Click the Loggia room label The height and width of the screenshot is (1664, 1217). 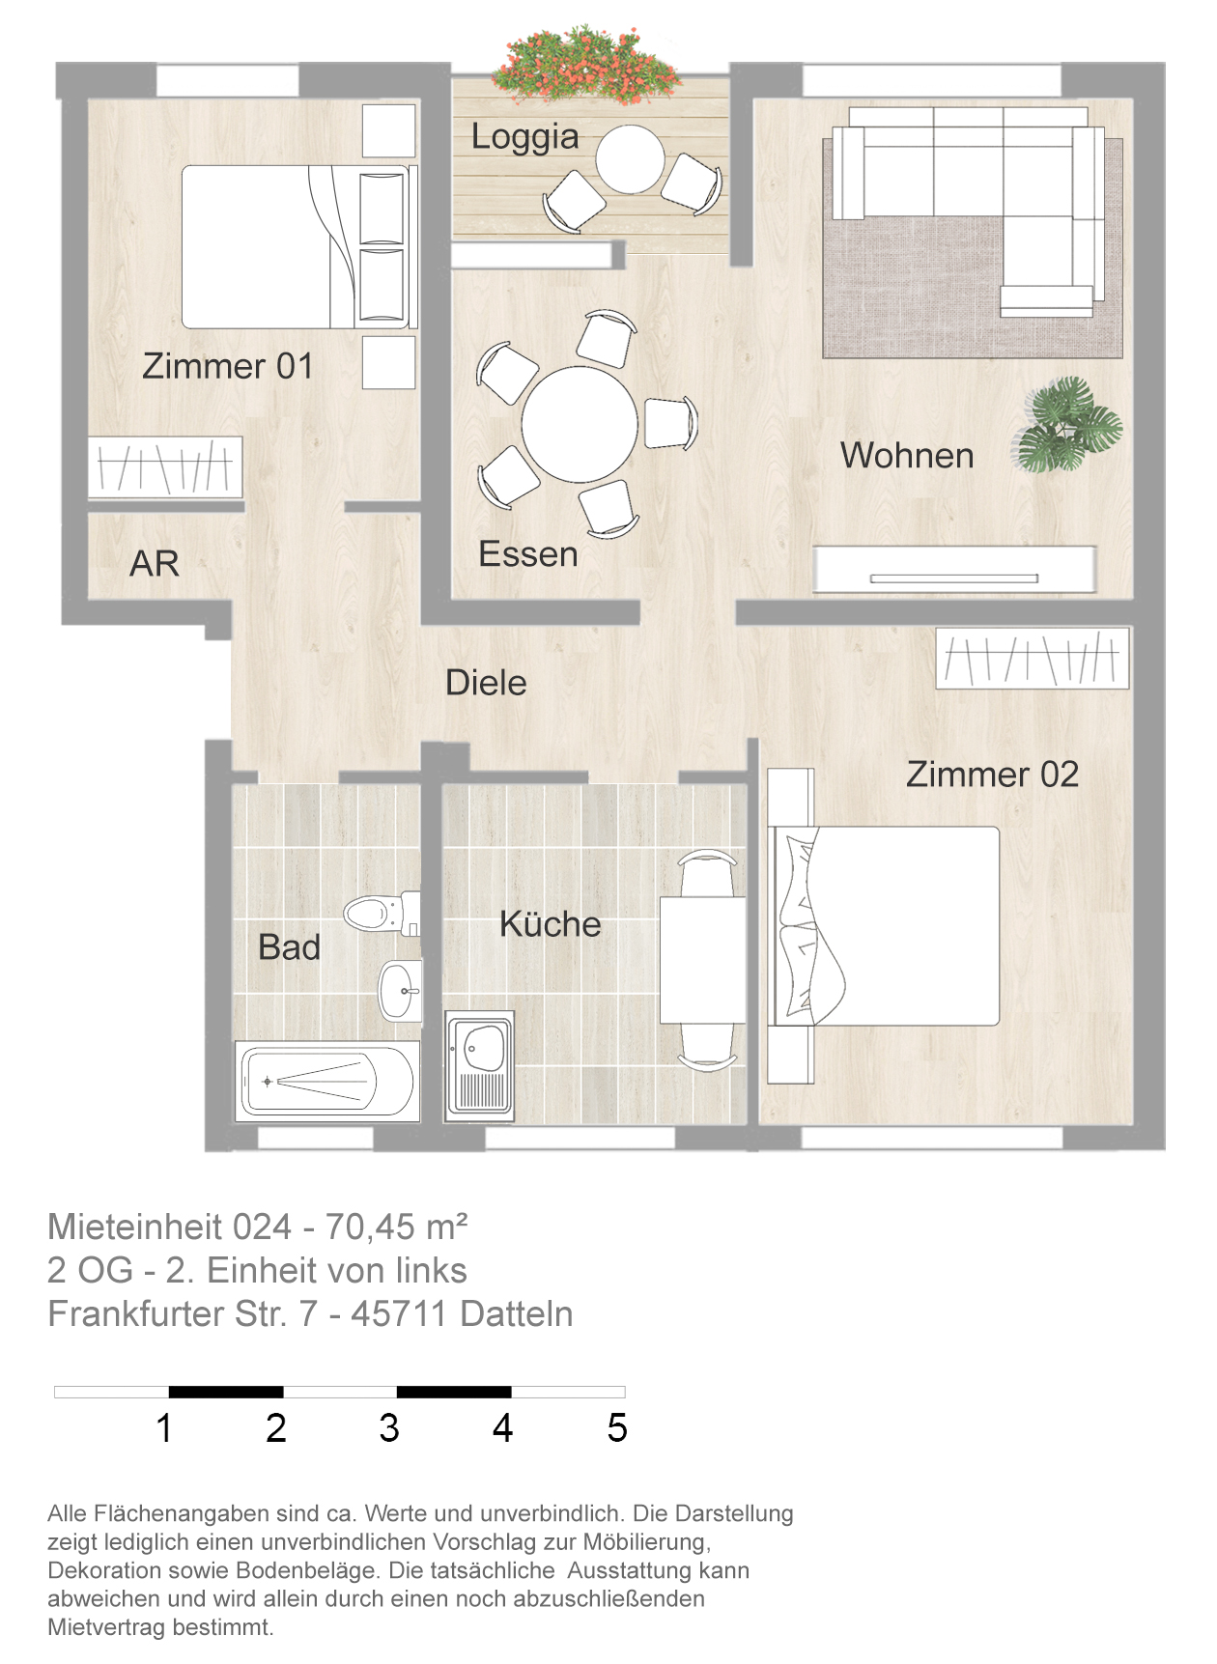(524, 137)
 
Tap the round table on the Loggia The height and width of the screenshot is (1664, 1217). (630, 159)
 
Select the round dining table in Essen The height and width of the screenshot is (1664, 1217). (580, 424)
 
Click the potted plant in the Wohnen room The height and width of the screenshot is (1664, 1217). (1068, 425)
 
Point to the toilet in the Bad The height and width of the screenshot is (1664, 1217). (382, 913)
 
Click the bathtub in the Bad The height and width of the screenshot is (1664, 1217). (327, 1082)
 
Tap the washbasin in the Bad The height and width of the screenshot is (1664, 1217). (401, 990)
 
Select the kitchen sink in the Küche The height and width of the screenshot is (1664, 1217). (479, 1066)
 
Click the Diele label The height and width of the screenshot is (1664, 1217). (486, 683)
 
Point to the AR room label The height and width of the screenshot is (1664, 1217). (155, 564)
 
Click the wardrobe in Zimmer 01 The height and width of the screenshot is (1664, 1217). (165, 468)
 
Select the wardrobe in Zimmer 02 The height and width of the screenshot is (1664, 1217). (1033, 659)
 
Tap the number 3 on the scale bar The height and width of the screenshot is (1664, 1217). (389, 1428)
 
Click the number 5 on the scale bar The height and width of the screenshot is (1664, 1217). (617, 1428)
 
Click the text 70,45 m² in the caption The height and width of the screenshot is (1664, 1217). (397, 1227)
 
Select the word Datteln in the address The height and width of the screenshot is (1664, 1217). (517, 1314)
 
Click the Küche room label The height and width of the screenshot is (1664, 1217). (551, 924)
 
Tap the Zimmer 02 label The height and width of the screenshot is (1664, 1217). (992, 775)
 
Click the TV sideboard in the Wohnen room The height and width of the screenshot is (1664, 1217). (954, 570)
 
